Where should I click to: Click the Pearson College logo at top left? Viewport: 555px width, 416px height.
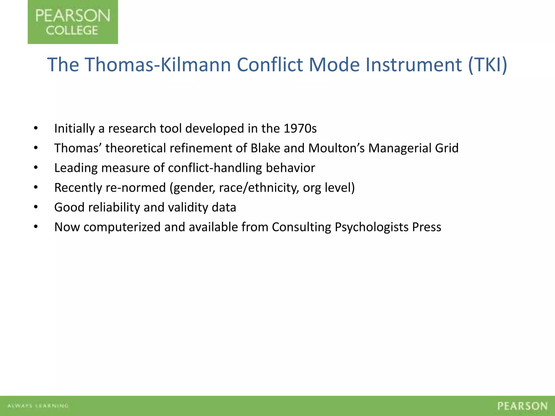73,22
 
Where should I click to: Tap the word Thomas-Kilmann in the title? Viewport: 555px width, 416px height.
158,65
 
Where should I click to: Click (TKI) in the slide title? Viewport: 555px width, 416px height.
488,65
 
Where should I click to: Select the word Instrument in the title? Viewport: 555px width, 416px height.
414,65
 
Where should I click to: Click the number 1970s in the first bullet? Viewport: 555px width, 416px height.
300,128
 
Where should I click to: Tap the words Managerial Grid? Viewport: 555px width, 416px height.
413,148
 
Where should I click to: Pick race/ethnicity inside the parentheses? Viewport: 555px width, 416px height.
259,188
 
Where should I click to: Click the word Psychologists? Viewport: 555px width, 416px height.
372,227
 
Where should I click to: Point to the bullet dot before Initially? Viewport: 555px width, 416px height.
36,128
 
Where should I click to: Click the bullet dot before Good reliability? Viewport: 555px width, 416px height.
36,207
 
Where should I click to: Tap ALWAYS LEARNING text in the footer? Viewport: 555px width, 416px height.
38,406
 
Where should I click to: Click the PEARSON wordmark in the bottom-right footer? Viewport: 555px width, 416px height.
522,406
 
